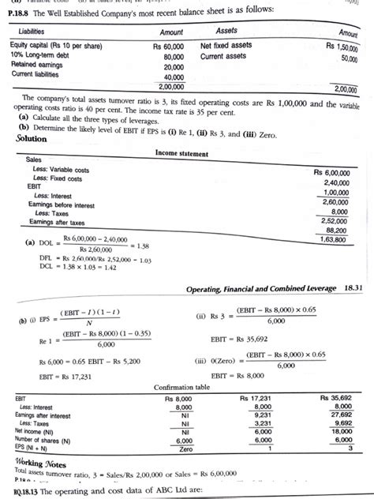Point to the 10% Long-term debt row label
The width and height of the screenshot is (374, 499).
[39, 57]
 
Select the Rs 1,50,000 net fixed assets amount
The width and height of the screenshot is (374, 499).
[341, 47]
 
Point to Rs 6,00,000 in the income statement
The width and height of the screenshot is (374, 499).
[335, 171]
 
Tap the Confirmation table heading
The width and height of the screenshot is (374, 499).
[190, 388]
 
